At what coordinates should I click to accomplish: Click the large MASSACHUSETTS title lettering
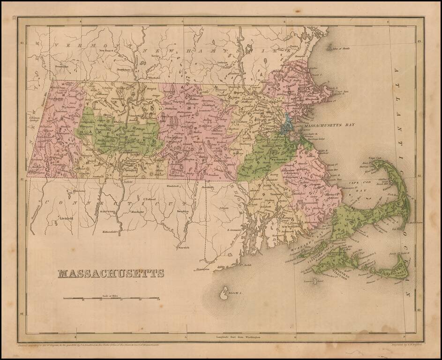click(111, 273)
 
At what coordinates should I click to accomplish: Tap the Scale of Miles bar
click(111, 298)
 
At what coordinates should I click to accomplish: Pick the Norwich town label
click(183, 247)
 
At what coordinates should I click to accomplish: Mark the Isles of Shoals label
click(341, 48)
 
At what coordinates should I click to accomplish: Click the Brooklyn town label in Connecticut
click(182, 211)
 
